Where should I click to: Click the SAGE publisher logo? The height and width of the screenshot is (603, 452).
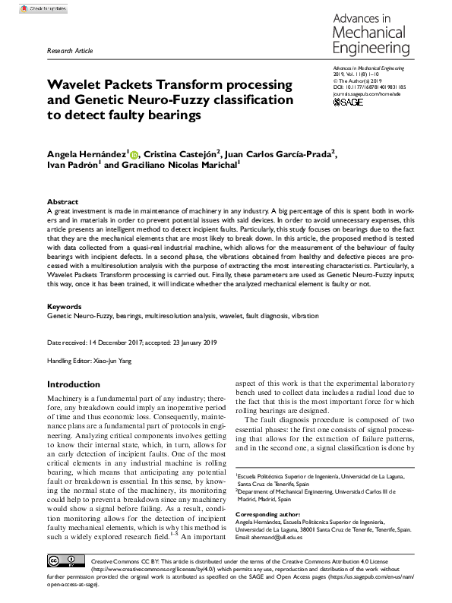[x=349, y=102]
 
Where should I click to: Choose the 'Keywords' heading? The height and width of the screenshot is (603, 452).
[x=62, y=305]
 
